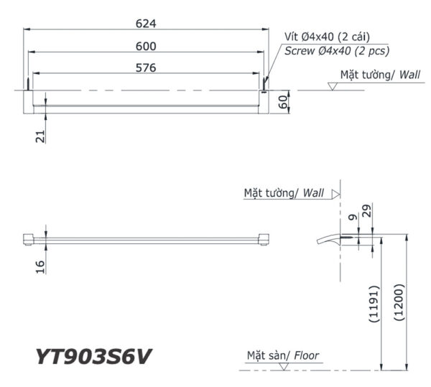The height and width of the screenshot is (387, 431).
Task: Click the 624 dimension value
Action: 146,22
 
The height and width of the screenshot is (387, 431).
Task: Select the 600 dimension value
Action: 146,45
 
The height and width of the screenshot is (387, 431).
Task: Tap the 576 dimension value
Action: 146,67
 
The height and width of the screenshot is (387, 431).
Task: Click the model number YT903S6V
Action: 93,355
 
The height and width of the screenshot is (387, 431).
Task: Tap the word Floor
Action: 306,355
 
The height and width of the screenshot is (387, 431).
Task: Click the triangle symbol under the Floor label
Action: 286,366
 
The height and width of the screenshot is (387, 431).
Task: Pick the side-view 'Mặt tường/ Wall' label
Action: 284,194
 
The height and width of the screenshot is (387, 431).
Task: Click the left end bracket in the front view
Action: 29,239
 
